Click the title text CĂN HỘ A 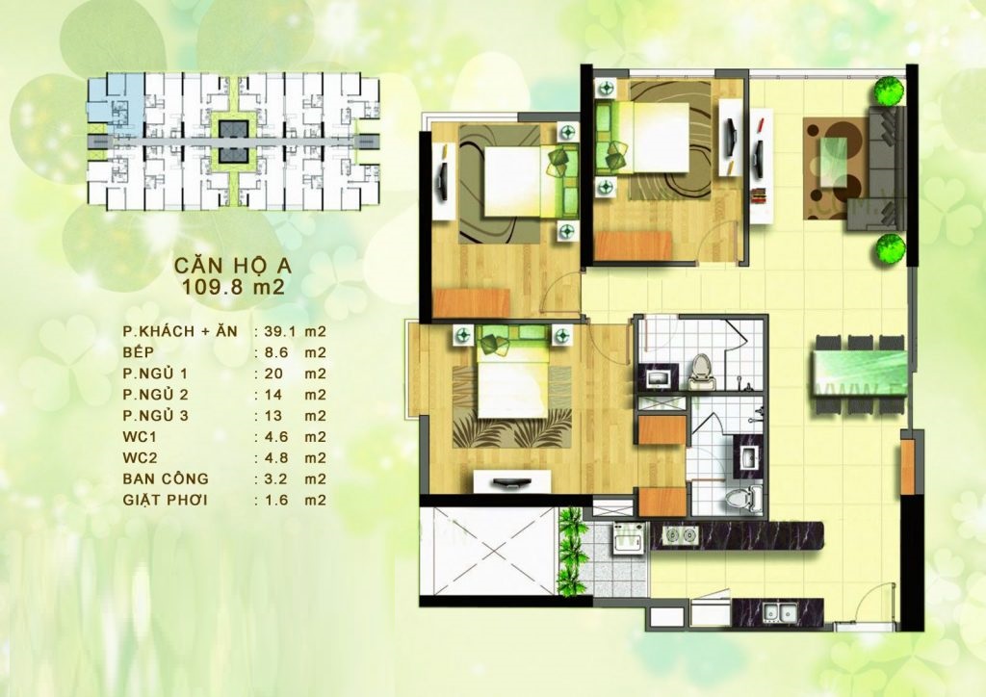(x=233, y=265)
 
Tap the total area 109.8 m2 (x=233, y=287)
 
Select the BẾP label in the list (x=139, y=352)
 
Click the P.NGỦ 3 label (x=155, y=416)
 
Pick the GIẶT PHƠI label (x=166, y=501)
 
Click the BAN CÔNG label (x=166, y=478)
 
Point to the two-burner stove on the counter (x=681, y=535)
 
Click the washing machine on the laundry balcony (x=628, y=538)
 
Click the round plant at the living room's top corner (x=890, y=90)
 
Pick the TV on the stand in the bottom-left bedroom (x=513, y=483)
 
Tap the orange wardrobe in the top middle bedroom (x=634, y=245)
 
